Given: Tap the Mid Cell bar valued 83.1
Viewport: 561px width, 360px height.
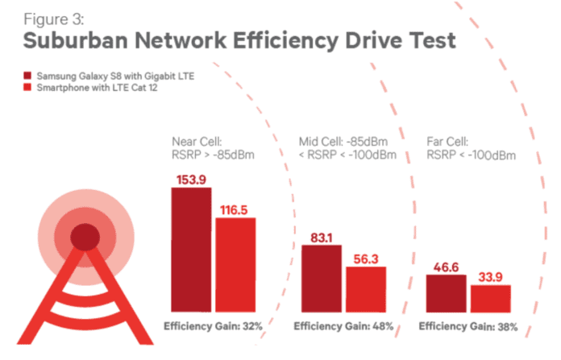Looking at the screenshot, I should (322, 279).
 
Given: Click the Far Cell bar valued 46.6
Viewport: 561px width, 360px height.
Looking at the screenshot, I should (447, 293).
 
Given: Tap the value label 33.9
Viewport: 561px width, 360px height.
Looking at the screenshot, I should (491, 276).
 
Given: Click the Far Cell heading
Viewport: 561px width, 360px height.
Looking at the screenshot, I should (444, 139).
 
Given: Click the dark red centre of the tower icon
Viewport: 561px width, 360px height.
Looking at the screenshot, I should (83, 237).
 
